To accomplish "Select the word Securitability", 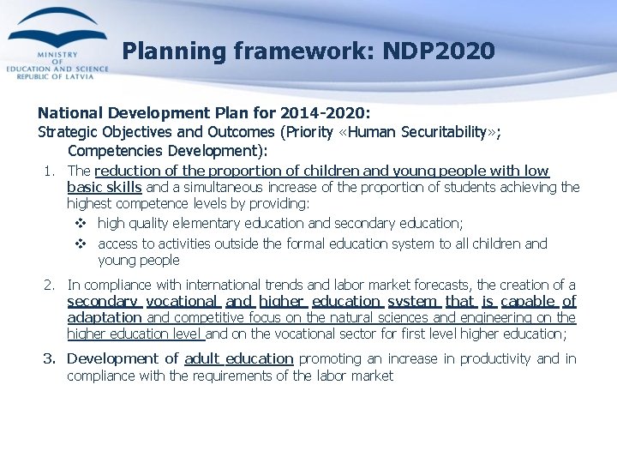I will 449,132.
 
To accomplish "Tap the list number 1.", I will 50,171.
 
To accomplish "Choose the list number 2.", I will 50,285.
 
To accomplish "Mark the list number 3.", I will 50,358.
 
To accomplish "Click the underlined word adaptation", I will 104,317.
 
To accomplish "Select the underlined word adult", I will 202,358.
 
